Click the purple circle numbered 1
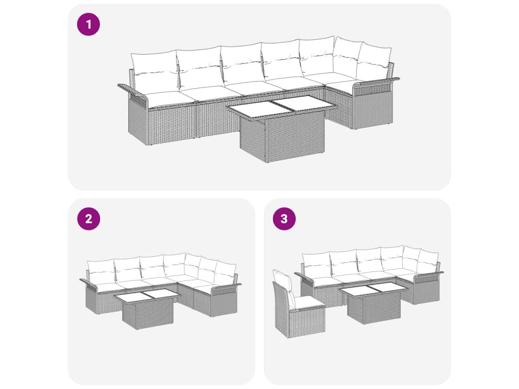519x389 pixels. (88, 24)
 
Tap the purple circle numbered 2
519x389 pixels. (88, 219)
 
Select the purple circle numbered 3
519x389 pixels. (284, 219)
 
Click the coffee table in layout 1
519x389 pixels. (282, 129)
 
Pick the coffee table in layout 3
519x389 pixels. (374, 303)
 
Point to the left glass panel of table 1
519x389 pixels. (251, 110)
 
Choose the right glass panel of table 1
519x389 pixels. (303, 104)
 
